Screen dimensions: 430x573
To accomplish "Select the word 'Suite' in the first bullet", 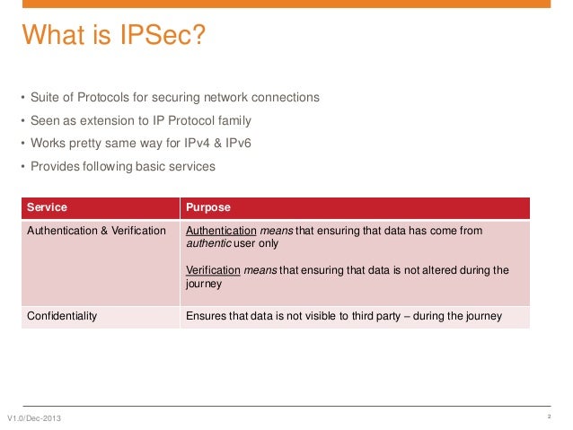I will click(45, 97).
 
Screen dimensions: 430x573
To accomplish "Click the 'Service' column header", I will click(47, 207).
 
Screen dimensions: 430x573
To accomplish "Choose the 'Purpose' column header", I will click(207, 207).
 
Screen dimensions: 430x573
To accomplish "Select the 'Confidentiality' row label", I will click(62, 316).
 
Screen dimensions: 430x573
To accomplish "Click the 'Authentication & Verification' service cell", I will click(96, 231).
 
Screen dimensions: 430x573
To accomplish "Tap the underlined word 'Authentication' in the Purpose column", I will click(221, 231).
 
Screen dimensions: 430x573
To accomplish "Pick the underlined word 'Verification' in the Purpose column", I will click(214, 269).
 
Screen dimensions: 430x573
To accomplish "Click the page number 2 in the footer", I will click(548, 418).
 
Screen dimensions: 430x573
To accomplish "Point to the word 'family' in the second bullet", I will click(233, 120).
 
